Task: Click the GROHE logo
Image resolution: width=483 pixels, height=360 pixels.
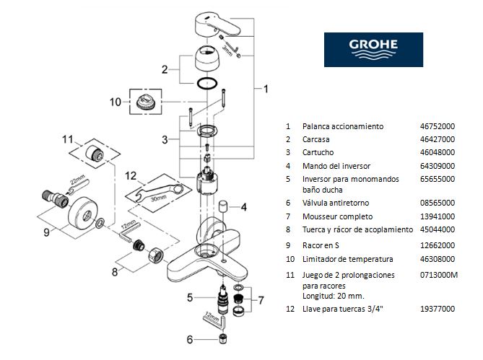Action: coord(373,50)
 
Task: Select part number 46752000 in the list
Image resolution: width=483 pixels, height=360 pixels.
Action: coord(438,126)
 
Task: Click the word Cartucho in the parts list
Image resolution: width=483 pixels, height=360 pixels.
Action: coord(318,152)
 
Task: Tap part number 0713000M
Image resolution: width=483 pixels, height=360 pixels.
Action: coord(439,275)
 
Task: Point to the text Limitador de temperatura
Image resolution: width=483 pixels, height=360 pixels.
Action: coord(348,259)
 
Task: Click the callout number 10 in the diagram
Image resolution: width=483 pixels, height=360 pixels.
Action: coord(116,102)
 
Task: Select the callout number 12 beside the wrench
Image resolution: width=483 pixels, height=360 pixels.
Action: coord(131,176)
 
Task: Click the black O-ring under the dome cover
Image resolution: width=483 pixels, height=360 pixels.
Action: coord(206,84)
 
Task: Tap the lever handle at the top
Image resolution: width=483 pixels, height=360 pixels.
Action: coord(217,25)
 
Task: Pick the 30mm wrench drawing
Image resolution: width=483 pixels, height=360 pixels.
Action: coord(160,193)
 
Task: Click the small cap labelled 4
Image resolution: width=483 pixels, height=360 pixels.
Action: coord(222,206)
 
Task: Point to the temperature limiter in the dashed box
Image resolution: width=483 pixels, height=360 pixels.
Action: coord(145,102)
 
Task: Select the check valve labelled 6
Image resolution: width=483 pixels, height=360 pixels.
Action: coord(222,338)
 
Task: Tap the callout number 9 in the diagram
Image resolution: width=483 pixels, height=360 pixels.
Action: coord(46,232)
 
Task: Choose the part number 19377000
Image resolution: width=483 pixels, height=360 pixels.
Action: coord(438,309)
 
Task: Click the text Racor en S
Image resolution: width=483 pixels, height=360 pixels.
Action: coord(321,245)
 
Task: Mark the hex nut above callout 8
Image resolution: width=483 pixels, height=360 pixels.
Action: coord(156,255)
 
